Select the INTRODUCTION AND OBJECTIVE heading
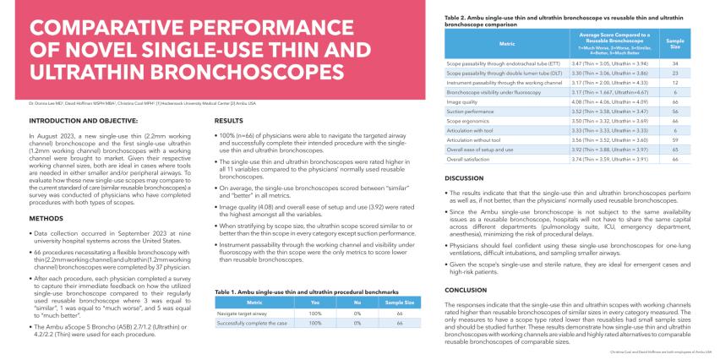(74, 123)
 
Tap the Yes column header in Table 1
(315, 303)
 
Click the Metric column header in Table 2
(506, 41)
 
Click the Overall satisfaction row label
(470, 159)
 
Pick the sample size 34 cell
(674, 63)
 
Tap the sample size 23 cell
(674, 72)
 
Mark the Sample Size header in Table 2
(674, 41)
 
